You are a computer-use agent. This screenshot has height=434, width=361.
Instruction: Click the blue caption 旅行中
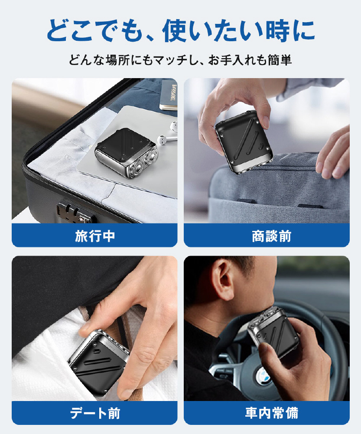pos(94,236)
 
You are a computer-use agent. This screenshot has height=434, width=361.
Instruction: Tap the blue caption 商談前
pos(271,236)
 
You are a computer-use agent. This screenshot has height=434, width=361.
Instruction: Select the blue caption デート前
pos(94,413)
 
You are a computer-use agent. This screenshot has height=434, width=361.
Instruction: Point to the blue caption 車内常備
pos(271,413)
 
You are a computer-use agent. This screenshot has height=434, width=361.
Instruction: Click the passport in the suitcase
pos(168,95)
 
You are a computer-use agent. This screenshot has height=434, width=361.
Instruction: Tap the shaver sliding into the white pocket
pos(98,361)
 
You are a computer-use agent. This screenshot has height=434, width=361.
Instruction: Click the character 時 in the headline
pos(277,30)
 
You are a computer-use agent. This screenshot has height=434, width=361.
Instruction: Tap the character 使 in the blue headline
pos(175,30)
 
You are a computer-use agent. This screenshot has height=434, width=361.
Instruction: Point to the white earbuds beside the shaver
pos(167,133)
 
